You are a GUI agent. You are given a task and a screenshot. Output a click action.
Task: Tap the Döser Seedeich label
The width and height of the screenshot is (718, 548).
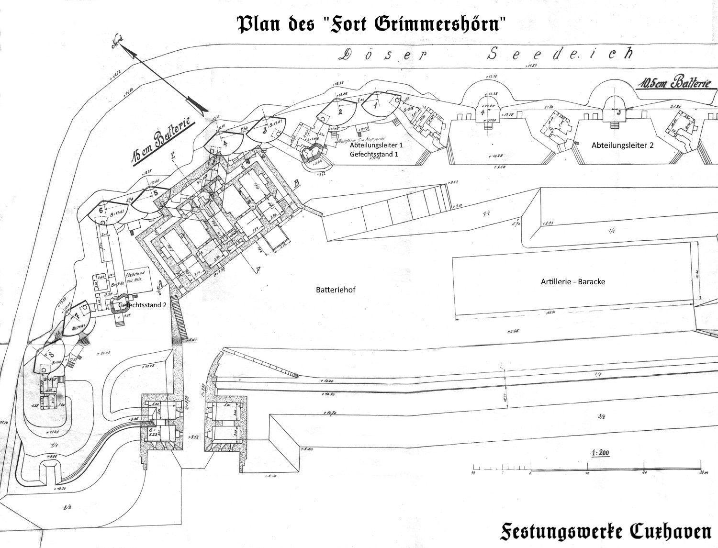[x=486, y=54]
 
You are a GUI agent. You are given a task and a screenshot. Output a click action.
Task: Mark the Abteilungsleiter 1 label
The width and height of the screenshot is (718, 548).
[x=377, y=145]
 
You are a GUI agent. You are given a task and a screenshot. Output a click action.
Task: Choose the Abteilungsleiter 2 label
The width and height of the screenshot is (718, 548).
[x=622, y=145]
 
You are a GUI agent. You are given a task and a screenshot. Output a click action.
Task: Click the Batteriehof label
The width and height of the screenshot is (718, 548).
[x=336, y=290]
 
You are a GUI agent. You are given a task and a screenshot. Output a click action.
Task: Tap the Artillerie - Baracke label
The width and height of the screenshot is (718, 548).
[x=572, y=281]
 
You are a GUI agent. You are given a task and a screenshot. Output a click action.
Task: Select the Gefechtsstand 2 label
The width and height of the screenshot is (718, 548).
[x=142, y=304]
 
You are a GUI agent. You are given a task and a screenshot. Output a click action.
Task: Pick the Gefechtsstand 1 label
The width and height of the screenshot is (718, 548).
[x=374, y=154]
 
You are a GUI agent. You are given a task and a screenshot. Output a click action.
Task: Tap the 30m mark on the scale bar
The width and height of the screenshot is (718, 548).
[x=701, y=473]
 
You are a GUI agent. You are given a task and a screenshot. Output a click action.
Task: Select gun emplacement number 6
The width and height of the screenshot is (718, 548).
[x=101, y=210]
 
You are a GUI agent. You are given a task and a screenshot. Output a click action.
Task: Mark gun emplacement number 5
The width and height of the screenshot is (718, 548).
[x=155, y=193]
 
